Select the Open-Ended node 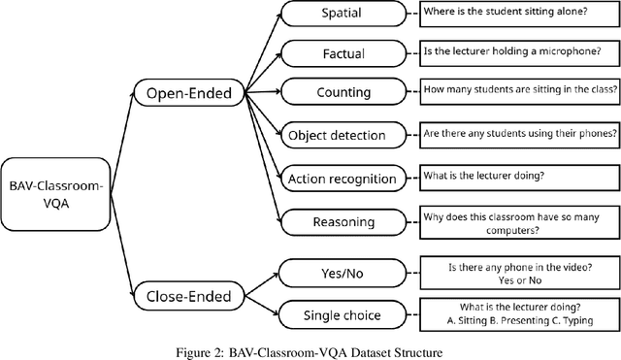190,93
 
